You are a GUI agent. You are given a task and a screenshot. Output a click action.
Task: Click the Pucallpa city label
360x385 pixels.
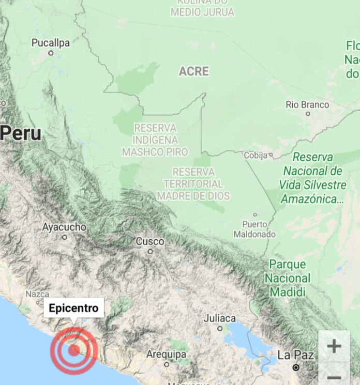[x=50, y=43]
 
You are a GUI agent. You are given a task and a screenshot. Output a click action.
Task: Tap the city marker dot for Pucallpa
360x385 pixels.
[x=51, y=53]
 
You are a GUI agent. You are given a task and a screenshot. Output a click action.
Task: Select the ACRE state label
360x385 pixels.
[x=194, y=71]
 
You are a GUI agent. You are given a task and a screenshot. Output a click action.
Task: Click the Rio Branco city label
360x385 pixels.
[x=307, y=104]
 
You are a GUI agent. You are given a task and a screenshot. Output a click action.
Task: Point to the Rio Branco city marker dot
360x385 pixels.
[x=308, y=114]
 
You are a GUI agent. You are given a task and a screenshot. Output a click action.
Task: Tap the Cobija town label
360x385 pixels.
[x=256, y=155]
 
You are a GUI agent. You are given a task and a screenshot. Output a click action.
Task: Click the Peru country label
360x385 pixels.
[x=21, y=133]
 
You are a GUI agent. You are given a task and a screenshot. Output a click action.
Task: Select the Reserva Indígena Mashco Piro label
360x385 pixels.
[x=155, y=140]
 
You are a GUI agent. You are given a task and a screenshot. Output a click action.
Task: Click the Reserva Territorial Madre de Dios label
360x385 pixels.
[x=193, y=184]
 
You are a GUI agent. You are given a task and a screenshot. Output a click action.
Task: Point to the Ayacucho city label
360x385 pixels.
[x=64, y=227]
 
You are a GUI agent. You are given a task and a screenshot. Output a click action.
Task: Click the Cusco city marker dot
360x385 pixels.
[x=150, y=252]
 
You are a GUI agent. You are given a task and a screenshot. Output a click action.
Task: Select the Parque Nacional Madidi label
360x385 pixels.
[x=288, y=279]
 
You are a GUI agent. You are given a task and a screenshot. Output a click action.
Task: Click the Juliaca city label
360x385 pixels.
[x=219, y=318]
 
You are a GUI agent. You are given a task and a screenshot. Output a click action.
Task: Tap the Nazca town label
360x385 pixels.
[x=37, y=294]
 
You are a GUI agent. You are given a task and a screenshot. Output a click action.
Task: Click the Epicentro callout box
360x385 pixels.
[x=73, y=309]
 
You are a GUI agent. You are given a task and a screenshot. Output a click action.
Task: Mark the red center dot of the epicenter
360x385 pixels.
[x=74, y=350]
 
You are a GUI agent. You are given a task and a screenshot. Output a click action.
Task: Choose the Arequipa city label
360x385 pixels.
[x=166, y=355]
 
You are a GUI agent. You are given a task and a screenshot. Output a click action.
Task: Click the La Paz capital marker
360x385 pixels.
[x=295, y=367]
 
